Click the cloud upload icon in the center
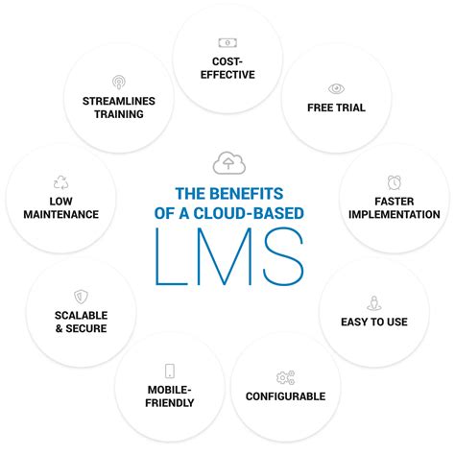[227, 162]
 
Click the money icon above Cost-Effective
[227, 42]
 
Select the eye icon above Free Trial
[336, 87]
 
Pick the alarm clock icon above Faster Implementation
[394, 181]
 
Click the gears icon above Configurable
[285, 377]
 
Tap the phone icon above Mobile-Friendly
[169, 371]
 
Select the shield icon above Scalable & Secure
[80, 297]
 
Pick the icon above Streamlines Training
[118, 82]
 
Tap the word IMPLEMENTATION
[394, 214]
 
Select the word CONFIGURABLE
[285, 396]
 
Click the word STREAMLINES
[118, 100]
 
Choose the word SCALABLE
[80, 315]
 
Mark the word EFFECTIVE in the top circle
[227, 74]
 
